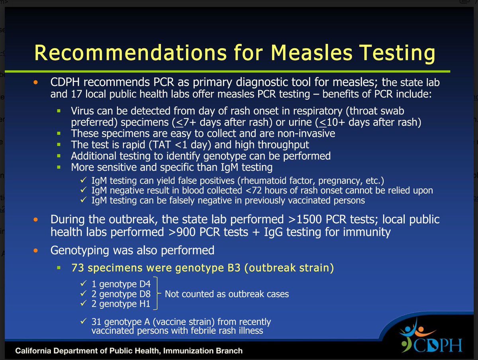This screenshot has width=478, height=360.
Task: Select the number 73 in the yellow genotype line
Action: [x=78, y=268]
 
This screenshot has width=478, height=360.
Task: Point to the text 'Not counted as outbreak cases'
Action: [x=227, y=294]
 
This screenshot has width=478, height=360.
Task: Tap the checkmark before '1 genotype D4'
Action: [x=83, y=285]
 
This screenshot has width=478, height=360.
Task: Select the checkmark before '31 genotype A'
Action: [x=83, y=321]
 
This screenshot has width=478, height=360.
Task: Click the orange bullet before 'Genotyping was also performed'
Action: [x=37, y=251]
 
